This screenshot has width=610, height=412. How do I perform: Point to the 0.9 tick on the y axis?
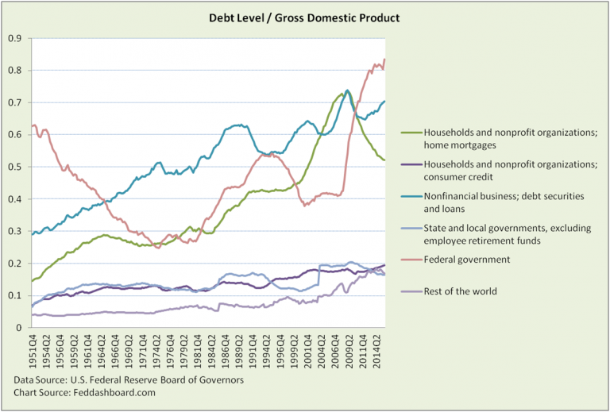point(14,38)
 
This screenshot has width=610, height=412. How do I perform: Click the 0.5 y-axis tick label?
point(14,167)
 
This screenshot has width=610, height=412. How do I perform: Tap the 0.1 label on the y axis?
point(14,295)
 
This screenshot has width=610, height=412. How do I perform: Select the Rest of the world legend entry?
point(461,291)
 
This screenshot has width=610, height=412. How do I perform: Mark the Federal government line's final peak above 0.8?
point(384,60)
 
